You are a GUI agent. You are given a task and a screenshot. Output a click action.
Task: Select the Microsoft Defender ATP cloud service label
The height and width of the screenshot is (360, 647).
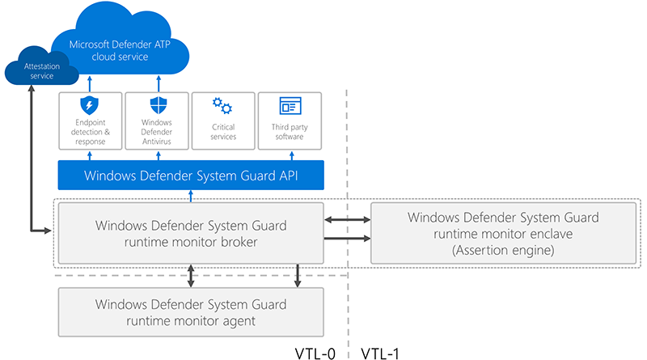pos(120,50)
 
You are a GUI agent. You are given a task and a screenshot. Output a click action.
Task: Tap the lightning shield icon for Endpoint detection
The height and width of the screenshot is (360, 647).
pos(89,105)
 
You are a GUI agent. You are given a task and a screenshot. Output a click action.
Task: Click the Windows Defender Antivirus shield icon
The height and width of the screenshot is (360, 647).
pos(158,105)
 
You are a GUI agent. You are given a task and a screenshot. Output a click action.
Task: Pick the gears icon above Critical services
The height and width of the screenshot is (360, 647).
pos(222,106)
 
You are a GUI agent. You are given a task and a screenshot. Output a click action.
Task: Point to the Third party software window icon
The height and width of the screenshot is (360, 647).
pos(290,106)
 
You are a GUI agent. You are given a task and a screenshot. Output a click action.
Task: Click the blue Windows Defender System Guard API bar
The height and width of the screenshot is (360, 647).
pos(191,176)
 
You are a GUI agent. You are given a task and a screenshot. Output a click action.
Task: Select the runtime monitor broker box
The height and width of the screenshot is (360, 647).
pos(191,233)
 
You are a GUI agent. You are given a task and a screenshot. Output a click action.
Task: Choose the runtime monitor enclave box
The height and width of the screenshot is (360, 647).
pos(503,233)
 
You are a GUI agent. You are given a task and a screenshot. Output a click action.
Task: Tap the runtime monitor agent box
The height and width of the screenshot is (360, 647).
pos(191,312)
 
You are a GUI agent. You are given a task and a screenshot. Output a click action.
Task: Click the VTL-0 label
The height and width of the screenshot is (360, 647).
pos(315,354)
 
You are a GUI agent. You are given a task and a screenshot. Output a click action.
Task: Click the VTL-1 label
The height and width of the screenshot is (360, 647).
pos(380,354)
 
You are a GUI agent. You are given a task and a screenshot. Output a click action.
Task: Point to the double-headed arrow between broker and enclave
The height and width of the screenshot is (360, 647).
pos(347,219)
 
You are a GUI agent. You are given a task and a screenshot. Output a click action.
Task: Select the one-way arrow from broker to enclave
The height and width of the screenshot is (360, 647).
pos(347,238)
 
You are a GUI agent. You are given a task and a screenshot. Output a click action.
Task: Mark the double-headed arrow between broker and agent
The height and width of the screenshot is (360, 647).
pos(191,276)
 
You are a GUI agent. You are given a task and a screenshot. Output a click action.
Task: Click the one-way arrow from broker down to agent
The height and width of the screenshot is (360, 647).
pos(297,276)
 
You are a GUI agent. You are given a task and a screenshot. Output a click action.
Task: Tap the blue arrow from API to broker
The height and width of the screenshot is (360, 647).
pos(191,196)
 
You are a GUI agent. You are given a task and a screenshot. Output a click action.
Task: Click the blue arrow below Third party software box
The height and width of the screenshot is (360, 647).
pos(292,155)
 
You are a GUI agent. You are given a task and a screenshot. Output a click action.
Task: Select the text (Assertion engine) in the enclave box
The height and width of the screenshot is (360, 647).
pos(503,250)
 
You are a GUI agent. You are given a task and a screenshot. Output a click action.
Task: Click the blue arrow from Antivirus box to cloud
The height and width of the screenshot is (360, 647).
pos(159,84)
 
